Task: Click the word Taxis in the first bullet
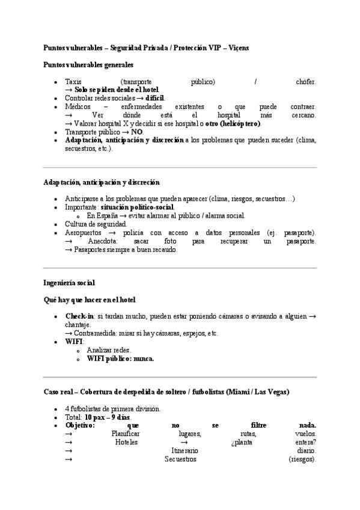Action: (73, 81)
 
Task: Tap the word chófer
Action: (306, 81)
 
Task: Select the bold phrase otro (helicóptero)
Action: (233, 123)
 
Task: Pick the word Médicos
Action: (78, 106)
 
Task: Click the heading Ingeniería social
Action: (69, 282)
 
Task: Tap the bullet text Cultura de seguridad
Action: (96, 224)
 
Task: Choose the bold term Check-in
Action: (79, 316)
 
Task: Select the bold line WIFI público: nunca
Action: (120, 358)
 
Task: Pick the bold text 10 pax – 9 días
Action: (108, 417)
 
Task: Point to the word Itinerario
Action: (185, 450)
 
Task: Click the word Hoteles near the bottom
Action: (126, 442)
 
